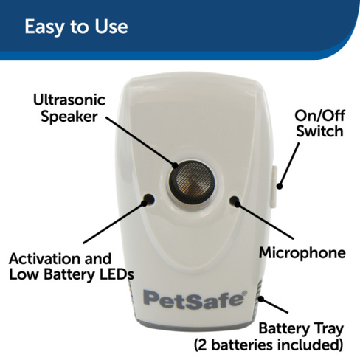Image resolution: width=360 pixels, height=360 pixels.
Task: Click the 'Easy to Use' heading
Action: pos(76,27)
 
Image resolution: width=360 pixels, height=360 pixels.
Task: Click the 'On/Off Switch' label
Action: pos(319,124)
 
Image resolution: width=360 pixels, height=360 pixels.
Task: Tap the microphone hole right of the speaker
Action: pos(235,199)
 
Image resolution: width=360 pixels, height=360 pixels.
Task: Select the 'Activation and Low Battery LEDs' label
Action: pos(70,266)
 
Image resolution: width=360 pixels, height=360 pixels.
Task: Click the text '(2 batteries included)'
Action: pos(268,344)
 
